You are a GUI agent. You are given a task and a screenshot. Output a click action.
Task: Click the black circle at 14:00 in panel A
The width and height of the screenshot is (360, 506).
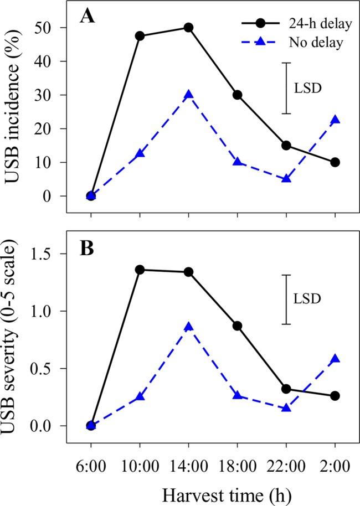click(188, 27)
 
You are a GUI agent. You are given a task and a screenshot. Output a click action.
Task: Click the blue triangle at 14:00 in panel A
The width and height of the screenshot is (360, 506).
click(188, 95)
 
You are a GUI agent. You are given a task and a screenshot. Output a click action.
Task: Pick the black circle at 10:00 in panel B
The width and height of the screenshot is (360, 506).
click(140, 270)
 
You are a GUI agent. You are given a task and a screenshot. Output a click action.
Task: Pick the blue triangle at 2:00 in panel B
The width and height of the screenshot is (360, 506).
click(335, 359)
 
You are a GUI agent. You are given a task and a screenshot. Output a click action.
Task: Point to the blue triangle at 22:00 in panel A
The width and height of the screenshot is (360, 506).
click(286, 179)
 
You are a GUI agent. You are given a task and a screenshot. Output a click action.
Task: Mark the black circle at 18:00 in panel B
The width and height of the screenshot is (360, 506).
click(237, 326)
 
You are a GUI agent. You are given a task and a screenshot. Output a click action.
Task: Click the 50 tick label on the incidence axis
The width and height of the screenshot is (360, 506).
click(50, 27)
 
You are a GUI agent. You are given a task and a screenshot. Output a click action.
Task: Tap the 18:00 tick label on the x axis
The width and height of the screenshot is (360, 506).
click(237, 461)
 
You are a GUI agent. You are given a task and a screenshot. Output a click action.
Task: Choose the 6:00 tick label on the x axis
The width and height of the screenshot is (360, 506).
click(91, 461)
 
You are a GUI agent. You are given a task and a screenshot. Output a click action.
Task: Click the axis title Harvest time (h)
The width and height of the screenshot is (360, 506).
click(213, 490)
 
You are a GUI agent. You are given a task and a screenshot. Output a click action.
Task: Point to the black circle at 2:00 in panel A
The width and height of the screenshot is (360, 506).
click(335, 162)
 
